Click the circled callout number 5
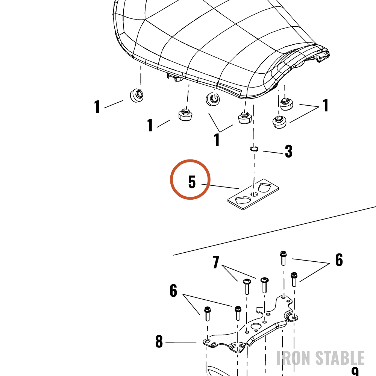pyautogui.click(x=192, y=182)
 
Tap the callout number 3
pyautogui.click(x=289, y=151)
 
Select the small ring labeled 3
pyautogui.click(x=254, y=149)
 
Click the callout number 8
pyautogui.click(x=159, y=341)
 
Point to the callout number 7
pyautogui.click(x=216, y=262)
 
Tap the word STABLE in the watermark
pyautogui.click(x=340, y=358)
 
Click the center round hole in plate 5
pyautogui.click(x=254, y=194)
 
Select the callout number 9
pyautogui.click(x=355, y=372)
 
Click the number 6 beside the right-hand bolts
pyautogui.click(x=339, y=260)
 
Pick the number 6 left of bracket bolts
pyautogui.click(x=173, y=291)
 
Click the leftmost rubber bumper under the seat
pyautogui.click(x=137, y=96)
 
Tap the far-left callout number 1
pyautogui.click(x=97, y=106)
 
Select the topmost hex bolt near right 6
pyautogui.click(x=283, y=258)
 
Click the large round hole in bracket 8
pyautogui.click(x=256, y=327)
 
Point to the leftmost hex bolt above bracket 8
pyautogui.click(x=208, y=314)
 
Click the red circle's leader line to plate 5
pyautogui.click(x=220, y=186)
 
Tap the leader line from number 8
pyautogui.click(x=181, y=343)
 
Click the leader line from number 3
pyautogui.click(x=273, y=152)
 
